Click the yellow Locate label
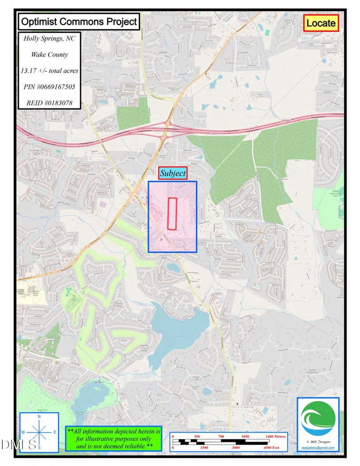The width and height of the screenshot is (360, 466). coord(321,23)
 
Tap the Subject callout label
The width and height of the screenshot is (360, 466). coord(173,173)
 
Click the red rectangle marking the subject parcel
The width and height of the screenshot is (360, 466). coord(172,213)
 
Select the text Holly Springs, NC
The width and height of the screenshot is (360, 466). coord(49,39)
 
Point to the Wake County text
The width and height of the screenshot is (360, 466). coord(49,55)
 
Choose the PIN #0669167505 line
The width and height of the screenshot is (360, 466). coord(49,87)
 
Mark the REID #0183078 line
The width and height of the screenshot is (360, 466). coord(49,103)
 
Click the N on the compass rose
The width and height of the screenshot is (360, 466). coord(39,417)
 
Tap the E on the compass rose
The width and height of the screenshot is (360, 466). coord(55,432)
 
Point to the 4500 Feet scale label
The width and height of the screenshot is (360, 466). coord(270,448)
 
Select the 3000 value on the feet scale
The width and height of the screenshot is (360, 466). coord(235,448)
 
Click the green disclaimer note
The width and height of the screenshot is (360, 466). coord(113,438)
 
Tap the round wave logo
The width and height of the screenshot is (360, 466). coord(318,418)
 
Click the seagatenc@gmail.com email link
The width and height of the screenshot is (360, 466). coord(318,448)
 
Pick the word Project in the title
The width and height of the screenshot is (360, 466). coord(117,21)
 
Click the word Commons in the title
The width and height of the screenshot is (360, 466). coord(79,21)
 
